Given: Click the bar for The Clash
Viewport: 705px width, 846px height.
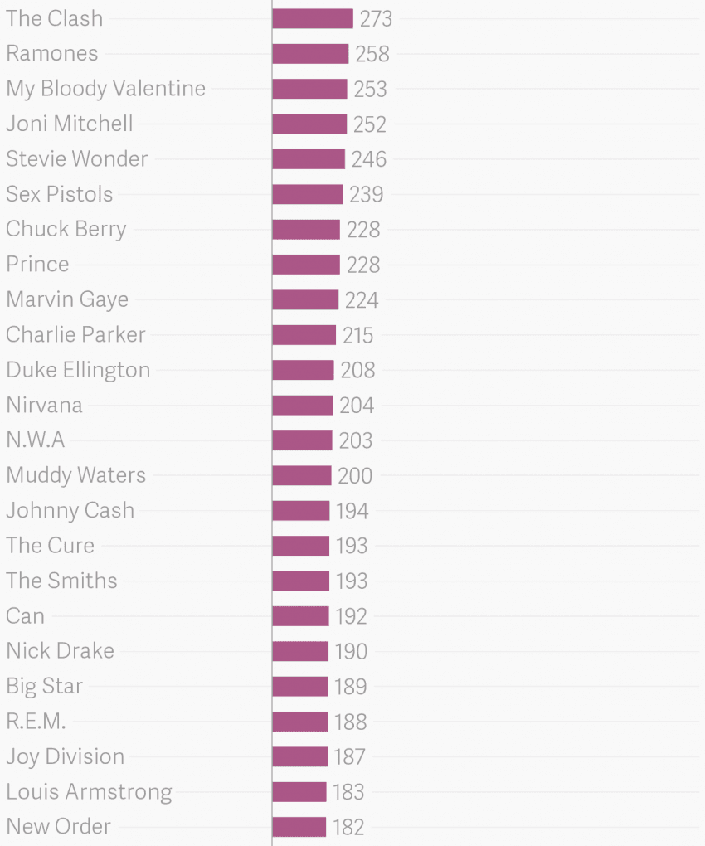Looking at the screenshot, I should click(x=313, y=19).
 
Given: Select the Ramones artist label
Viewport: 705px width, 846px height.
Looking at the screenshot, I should click(x=52, y=54).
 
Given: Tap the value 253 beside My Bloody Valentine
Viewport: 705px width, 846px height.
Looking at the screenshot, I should click(x=370, y=90).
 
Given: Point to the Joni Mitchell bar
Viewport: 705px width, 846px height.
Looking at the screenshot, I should click(x=309, y=124).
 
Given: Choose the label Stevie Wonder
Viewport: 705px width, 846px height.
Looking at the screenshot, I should click(x=77, y=159).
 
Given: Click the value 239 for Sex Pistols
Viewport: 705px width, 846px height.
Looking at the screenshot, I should click(x=366, y=195).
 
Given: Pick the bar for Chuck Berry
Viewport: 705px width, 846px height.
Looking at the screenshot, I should click(x=306, y=230).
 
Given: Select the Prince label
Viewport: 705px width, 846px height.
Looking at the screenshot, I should click(x=38, y=265).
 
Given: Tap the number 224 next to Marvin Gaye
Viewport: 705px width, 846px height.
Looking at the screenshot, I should click(x=362, y=300).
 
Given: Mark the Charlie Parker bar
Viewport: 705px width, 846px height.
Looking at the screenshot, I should click(x=304, y=335).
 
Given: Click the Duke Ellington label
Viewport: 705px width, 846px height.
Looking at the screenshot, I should click(x=78, y=370).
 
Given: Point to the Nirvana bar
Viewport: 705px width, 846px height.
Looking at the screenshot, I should click(x=302, y=406).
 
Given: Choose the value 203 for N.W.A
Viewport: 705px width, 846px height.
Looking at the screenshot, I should click(x=356, y=440).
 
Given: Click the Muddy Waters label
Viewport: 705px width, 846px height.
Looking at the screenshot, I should click(x=76, y=475).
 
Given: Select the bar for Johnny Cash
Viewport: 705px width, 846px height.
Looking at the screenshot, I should click(x=300, y=511).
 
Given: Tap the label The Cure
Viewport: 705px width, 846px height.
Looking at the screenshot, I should click(x=51, y=546).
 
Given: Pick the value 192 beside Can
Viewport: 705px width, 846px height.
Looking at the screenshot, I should click(x=351, y=616).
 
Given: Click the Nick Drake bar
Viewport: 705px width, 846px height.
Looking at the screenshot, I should click(x=300, y=651).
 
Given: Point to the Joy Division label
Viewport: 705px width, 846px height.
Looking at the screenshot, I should click(x=66, y=756).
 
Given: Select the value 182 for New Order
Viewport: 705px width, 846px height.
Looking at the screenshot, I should click(x=348, y=827).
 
